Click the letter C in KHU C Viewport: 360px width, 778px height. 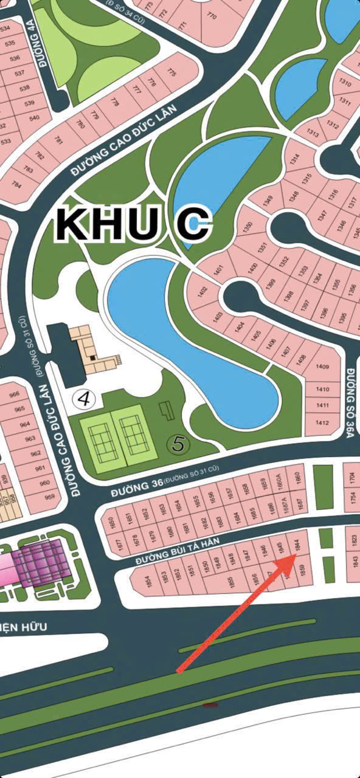pos(193,224)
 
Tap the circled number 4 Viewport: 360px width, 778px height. pos(85,398)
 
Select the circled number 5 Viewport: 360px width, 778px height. pos(178,443)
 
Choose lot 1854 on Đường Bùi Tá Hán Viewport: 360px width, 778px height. pos(148,581)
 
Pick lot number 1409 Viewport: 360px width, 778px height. pos(322,367)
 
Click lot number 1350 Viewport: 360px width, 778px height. pos(247,229)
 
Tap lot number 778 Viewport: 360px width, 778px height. pos(115,102)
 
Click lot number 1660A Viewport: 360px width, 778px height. pos(280,485)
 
